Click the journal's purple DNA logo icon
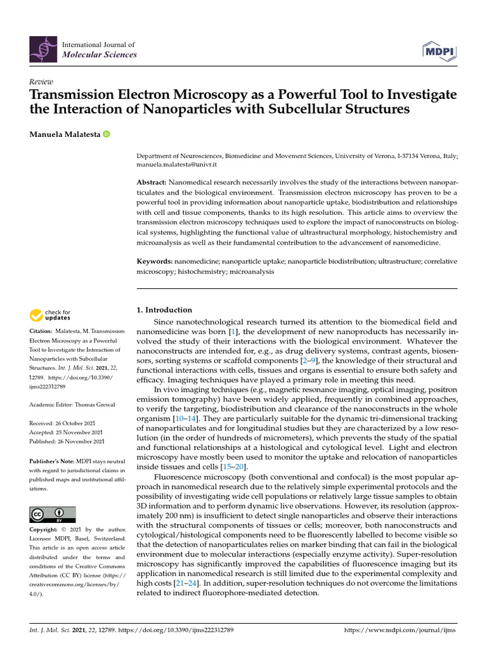point(42,49)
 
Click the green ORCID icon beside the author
point(106,134)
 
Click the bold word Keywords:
point(155,261)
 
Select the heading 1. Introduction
point(164,310)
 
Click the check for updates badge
point(49,315)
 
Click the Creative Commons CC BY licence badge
point(53,514)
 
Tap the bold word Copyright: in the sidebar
point(47,529)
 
